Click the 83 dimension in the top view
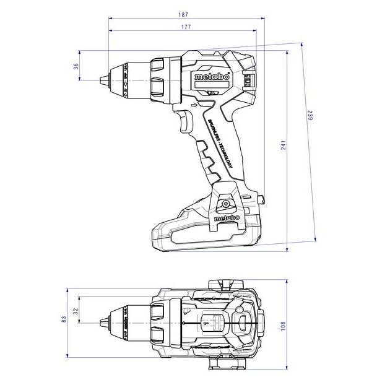[x=64, y=319]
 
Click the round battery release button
[x=225, y=203]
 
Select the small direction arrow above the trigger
[x=193, y=106]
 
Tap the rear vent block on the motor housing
[x=249, y=80]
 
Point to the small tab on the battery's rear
[x=263, y=199]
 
